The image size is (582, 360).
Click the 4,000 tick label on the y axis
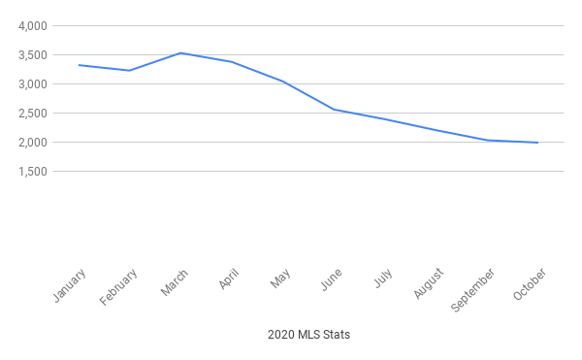[x=33, y=26]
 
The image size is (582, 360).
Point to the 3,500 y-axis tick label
[x=33, y=55]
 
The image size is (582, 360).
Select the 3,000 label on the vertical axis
[x=33, y=84]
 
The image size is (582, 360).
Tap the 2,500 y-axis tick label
[x=33, y=114]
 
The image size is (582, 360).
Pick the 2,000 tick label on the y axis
[x=33, y=143]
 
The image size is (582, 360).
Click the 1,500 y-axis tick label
[x=33, y=172]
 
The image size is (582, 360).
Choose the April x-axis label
[x=229, y=278]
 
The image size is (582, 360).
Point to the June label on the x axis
[x=332, y=278]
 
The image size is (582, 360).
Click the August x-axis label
[x=429, y=282]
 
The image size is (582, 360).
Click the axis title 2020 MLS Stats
[x=308, y=335]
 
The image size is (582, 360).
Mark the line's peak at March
[x=180, y=52]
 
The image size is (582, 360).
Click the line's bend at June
[x=334, y=110]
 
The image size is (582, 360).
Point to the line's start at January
[x=79, y=65]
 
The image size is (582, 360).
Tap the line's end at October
[x=538, y=143]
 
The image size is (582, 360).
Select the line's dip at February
[x=129, y=70]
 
